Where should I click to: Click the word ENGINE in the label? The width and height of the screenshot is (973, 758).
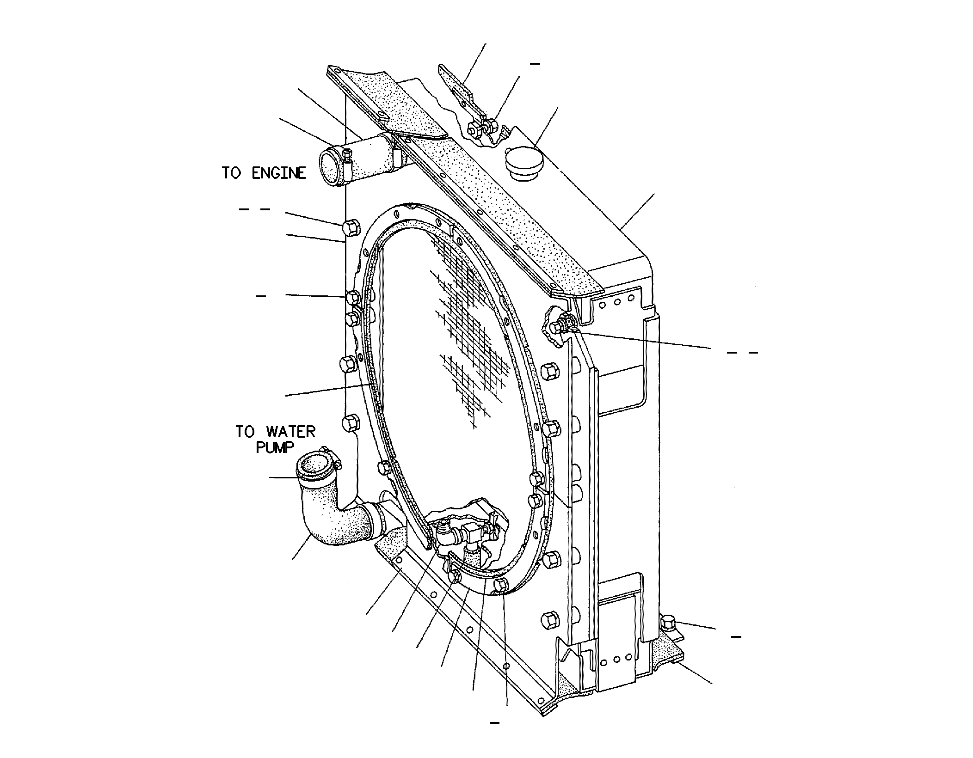278,173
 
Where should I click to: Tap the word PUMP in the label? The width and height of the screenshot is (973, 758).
275,447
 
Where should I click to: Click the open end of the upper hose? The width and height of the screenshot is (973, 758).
331,169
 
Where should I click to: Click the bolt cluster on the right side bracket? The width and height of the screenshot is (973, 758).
562,324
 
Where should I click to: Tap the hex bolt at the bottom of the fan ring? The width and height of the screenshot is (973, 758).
501,585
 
